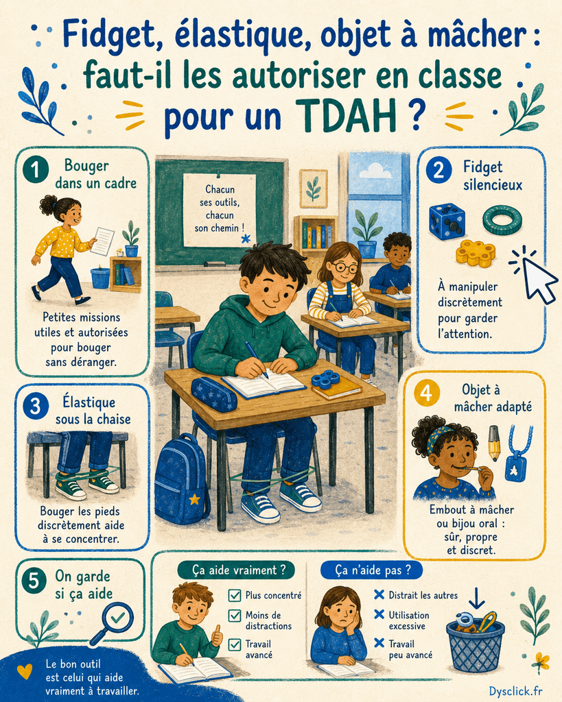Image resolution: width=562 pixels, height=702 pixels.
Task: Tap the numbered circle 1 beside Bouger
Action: point(36,170)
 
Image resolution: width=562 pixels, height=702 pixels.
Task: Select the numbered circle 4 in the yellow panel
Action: point(426,394)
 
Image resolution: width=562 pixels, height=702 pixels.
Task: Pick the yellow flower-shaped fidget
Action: point(476,254)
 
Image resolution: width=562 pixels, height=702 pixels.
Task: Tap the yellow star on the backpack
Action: point(194,498)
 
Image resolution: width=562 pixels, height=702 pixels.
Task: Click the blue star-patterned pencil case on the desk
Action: point(214,394)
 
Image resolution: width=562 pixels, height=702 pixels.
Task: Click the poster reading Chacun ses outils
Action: point(219,209)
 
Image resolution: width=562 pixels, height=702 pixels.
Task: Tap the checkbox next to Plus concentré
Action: point(235,595)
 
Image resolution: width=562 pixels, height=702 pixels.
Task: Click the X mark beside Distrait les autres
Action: point(379,594)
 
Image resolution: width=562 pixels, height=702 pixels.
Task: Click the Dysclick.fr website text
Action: point(515,691)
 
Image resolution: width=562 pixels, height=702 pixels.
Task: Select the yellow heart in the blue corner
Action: point(25,671)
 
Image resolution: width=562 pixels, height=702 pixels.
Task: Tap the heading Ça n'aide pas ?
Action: point(372,570)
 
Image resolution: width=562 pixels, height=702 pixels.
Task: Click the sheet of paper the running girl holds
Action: point(103,241)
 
